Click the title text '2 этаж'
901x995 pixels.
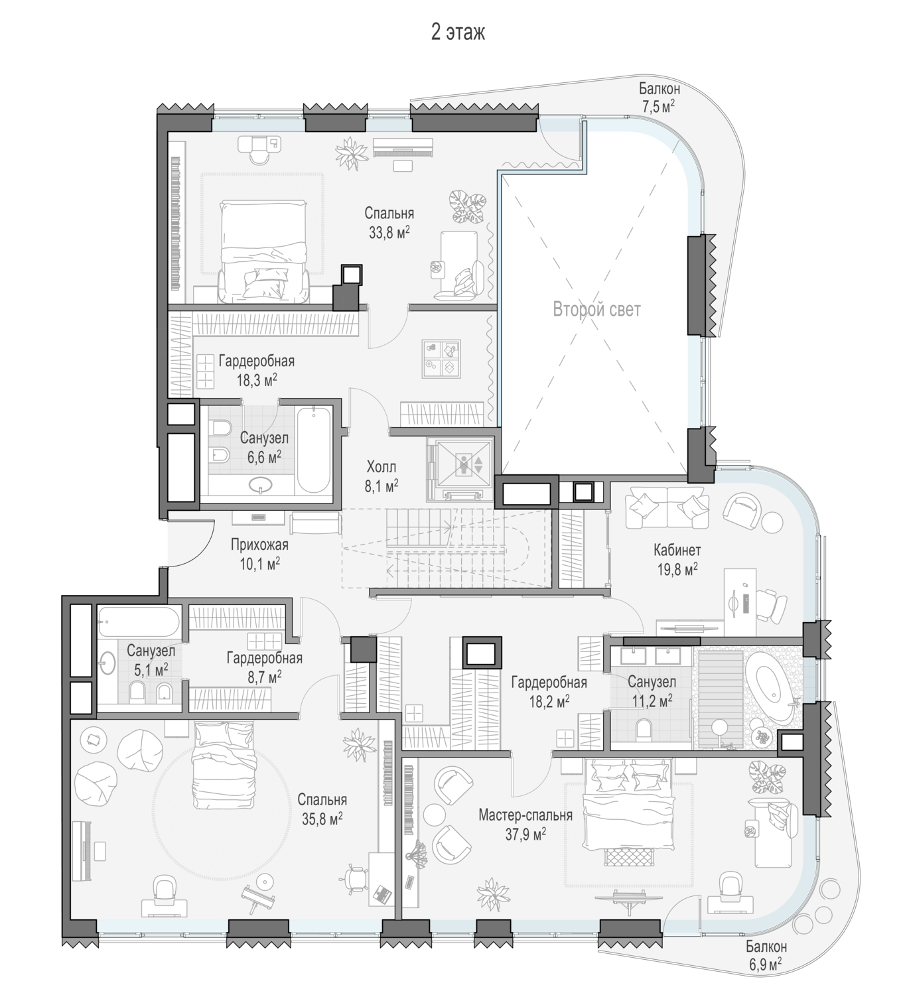pos(457,33)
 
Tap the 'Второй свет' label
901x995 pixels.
pos(596,310)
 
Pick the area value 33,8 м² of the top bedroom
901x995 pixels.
pos(389,232)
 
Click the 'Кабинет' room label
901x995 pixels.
pos(677,550)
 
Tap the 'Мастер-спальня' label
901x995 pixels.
pos(525,815)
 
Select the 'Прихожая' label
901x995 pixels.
pos(259,545)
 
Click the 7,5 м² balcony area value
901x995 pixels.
pos(659,107)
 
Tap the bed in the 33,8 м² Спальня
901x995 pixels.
pos(263,251)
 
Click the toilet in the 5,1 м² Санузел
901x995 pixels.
pos(137,691)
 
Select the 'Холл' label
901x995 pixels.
pos(381,467)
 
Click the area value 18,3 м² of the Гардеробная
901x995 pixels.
pos(257,381)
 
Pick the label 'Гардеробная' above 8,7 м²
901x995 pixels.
pos(265,658)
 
